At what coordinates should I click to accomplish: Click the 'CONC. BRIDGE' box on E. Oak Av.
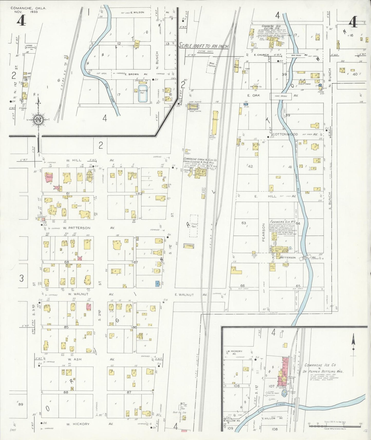click(x=280, y=97)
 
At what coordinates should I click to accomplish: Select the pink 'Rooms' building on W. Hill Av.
click(x=49, y=177)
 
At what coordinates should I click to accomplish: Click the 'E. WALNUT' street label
click(x=184, y=295)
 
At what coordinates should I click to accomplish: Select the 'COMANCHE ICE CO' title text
click(x=324, y=365)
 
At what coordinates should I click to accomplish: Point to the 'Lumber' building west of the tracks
click(x=188, y=246)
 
